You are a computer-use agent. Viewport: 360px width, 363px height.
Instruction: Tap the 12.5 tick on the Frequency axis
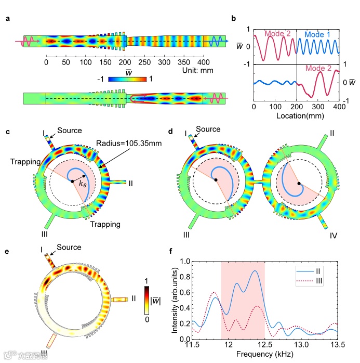click(265, 345)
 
